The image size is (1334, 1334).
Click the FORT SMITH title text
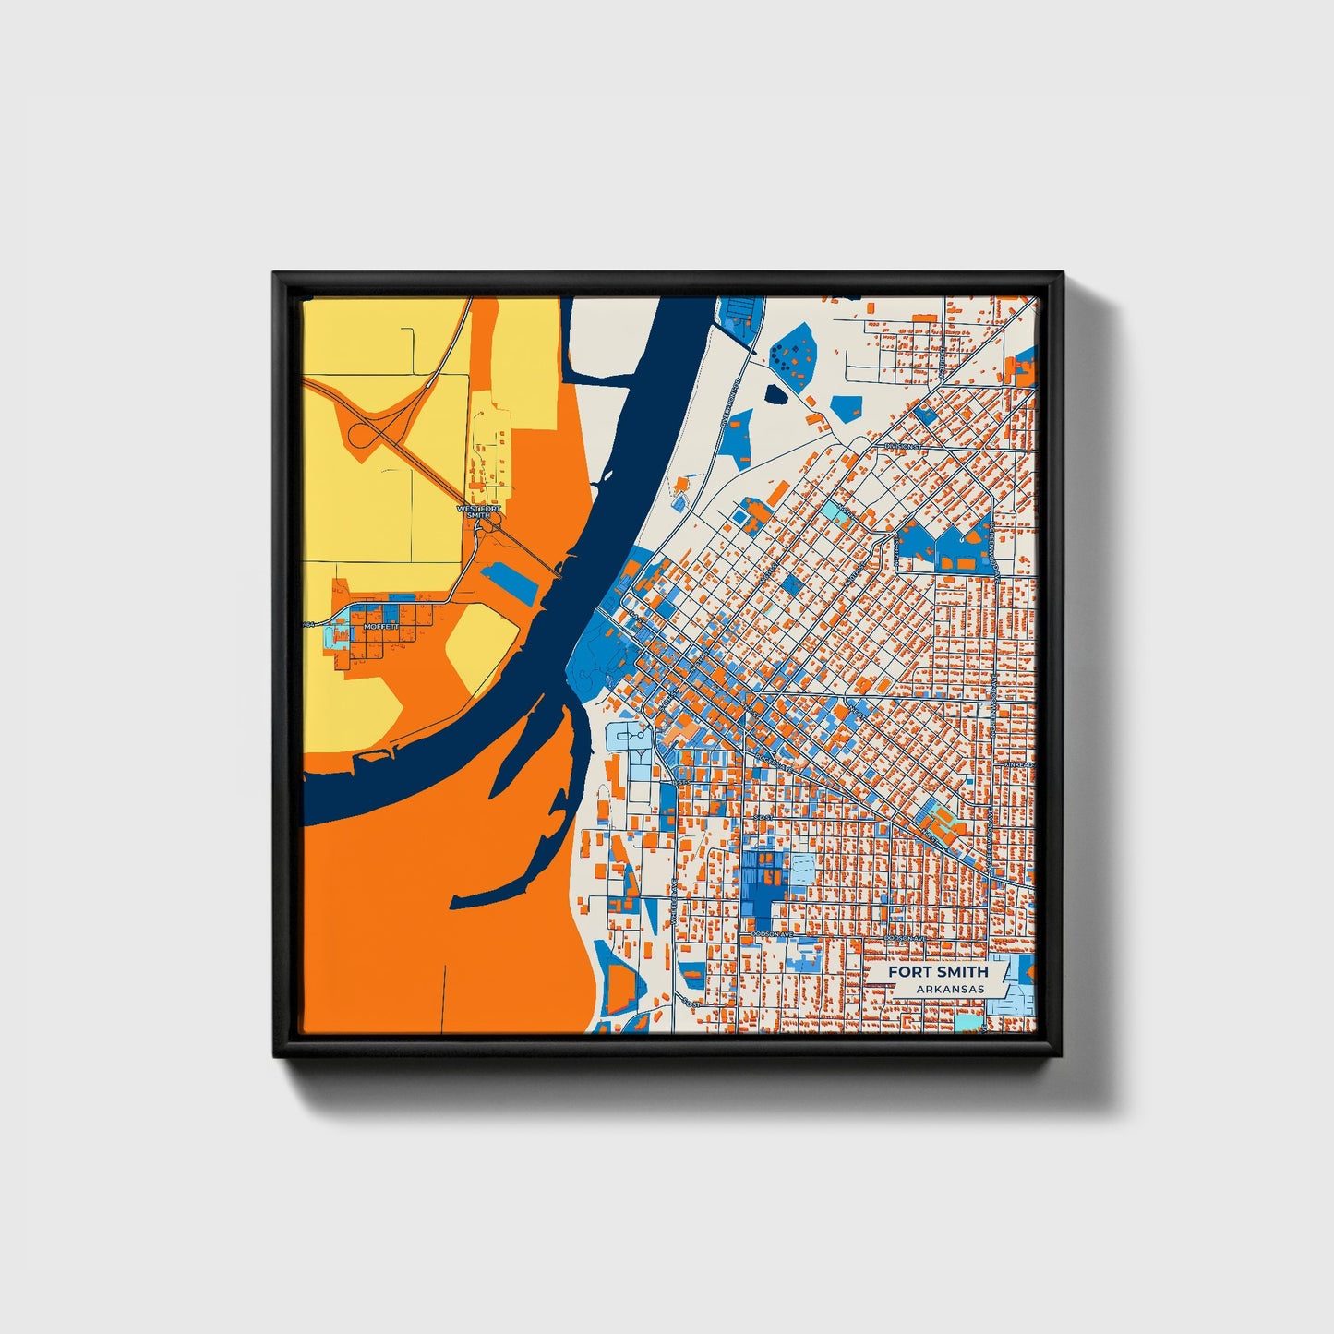point(938,971)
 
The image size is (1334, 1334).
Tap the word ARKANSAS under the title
point(950,989)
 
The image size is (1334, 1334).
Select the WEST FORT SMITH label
point(479,511)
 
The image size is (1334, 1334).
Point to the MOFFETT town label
point(381,626)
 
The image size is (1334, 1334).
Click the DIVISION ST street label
point(903,447)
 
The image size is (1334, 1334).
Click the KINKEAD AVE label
point(1019,765)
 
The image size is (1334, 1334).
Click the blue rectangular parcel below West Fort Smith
point(509,583)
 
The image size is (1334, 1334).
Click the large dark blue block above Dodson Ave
point(763,881)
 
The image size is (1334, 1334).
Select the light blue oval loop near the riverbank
point(628,736)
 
